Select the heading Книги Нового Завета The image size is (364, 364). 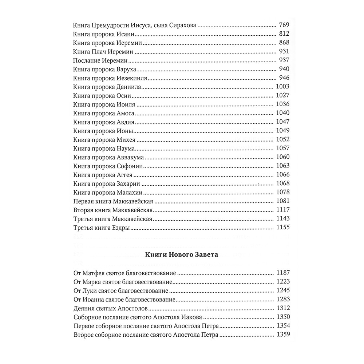tap(182, 254)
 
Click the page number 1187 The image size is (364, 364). tap(283, 273)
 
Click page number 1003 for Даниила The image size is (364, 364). tap(283, 87)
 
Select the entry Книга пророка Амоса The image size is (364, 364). tap(104, 113)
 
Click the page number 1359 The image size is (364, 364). tap(283, 334)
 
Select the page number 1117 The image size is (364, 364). tap(283, 210)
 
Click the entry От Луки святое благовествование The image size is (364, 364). tap(120, 290)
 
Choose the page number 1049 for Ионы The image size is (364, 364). tap(283, 130)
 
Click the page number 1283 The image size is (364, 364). tap(283, 299)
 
